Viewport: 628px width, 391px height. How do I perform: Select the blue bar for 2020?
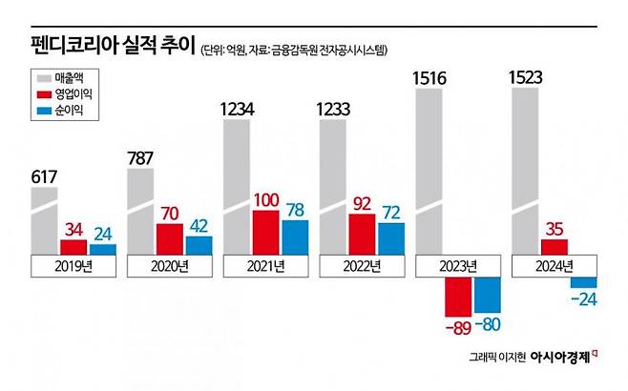click(x=199, y=245)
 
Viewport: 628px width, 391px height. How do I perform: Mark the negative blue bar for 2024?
click(x=583, y=282)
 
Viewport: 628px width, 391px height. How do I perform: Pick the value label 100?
click(x=267, y=200)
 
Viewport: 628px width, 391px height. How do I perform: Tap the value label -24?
click(x=582, y=300)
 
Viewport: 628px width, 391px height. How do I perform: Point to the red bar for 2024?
click(x=555, y=246)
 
